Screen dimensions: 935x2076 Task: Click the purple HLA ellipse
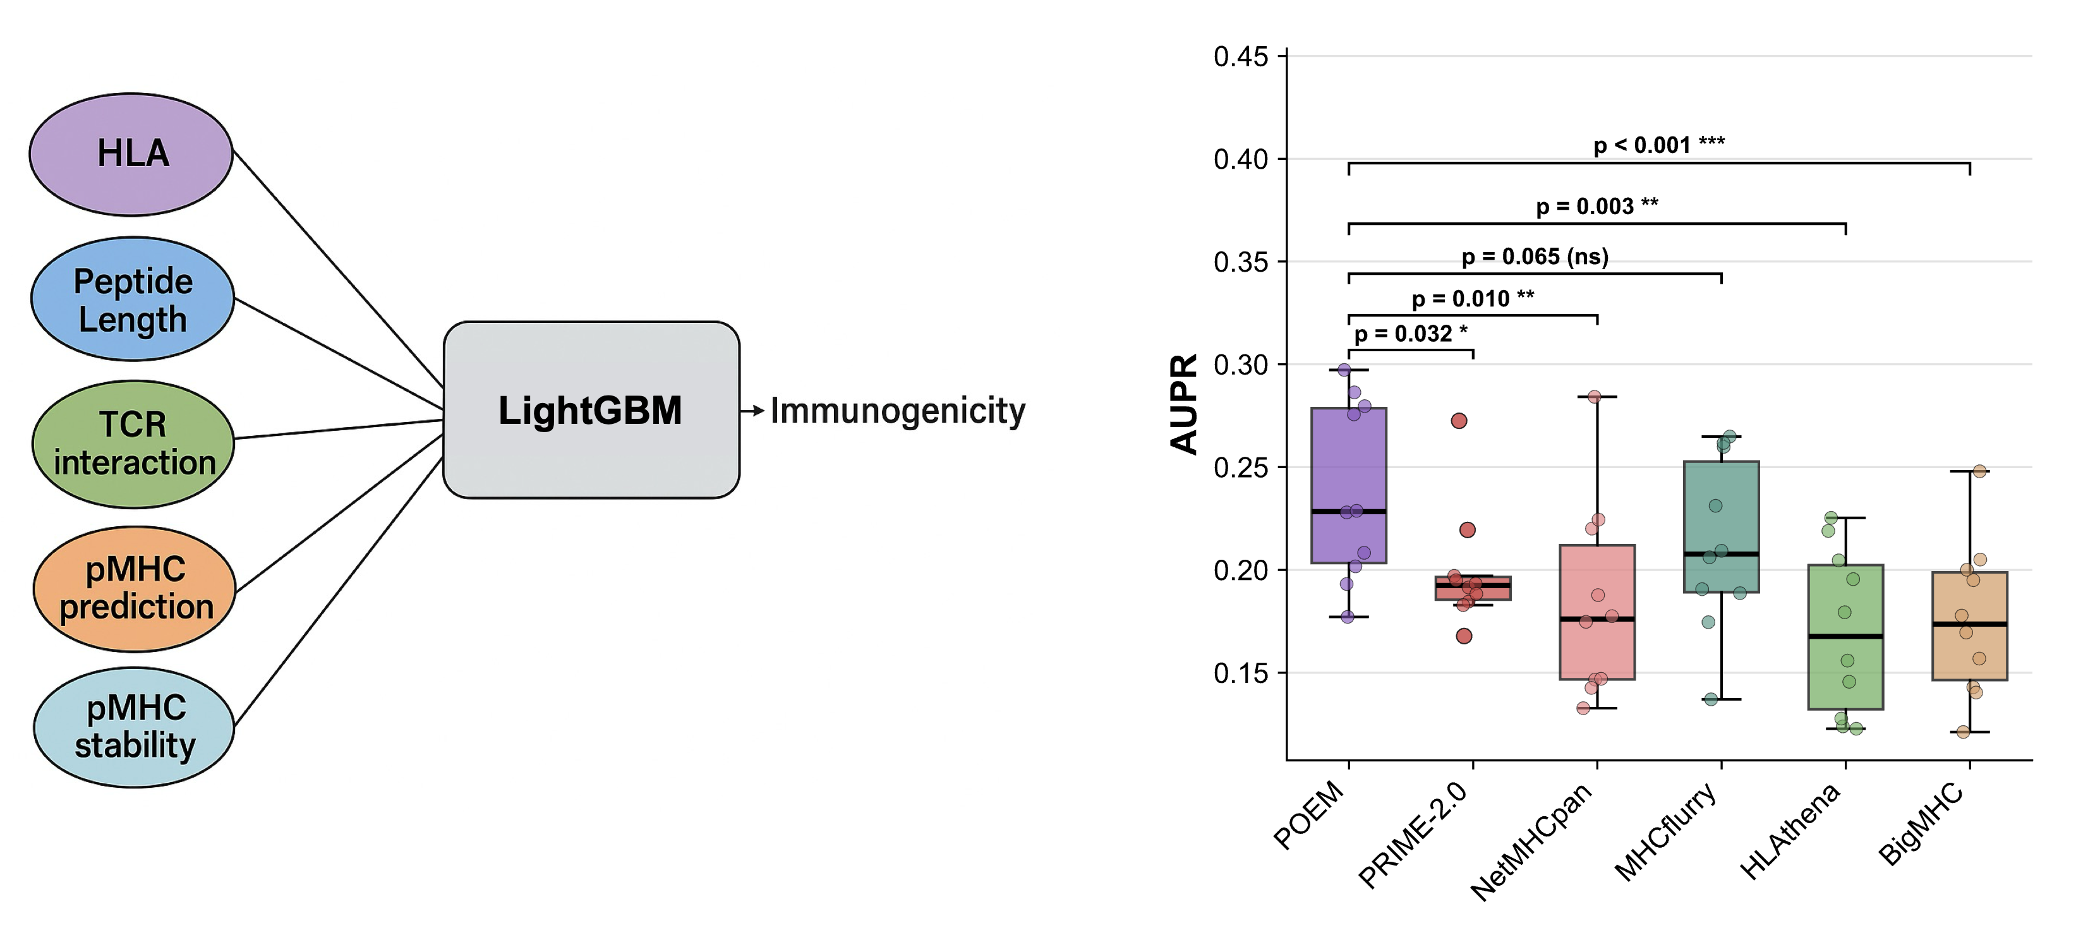tap(131, 154)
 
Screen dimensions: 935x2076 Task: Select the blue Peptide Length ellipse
tap(133, 299)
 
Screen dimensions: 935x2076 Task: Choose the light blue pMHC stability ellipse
tap(135, 727)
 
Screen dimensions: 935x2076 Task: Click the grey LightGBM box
tap(591, 410)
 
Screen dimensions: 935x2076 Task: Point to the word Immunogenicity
tap(898, 411)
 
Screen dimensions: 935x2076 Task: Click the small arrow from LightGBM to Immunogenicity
tap(752, 411)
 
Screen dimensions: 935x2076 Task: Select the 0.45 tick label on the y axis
tap(1240, 57)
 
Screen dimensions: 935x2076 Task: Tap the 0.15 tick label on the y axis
tap(1240, 673)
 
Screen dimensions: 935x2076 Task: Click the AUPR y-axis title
tap(1184, 404)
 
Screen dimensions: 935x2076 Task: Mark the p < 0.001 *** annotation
tap(1658, 145)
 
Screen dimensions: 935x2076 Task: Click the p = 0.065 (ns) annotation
tap(1535, 257)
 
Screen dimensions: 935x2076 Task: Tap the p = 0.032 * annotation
tap(1410, 334)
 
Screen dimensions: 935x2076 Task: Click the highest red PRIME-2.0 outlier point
tap(1459, 421)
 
